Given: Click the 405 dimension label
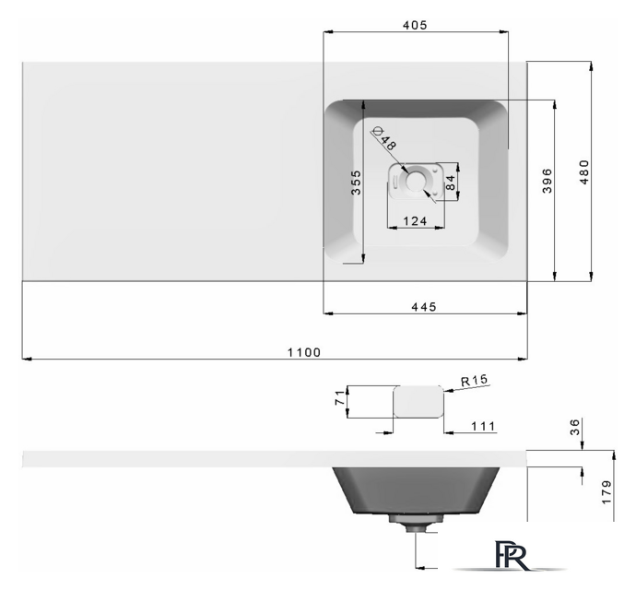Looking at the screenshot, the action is (415, 25).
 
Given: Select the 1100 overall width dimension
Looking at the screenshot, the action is (304, 352).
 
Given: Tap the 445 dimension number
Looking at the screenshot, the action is (424, 307).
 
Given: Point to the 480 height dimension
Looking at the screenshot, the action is (584, 172).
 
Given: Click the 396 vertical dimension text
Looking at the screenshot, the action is (548, 181).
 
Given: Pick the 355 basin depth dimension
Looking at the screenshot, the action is (356, 183).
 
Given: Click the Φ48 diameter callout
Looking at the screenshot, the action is (384, 138).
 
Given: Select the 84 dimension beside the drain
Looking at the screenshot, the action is (450, 183).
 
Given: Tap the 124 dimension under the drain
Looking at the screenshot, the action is (415, 221).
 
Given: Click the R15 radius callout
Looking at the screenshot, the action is (474, 380).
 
